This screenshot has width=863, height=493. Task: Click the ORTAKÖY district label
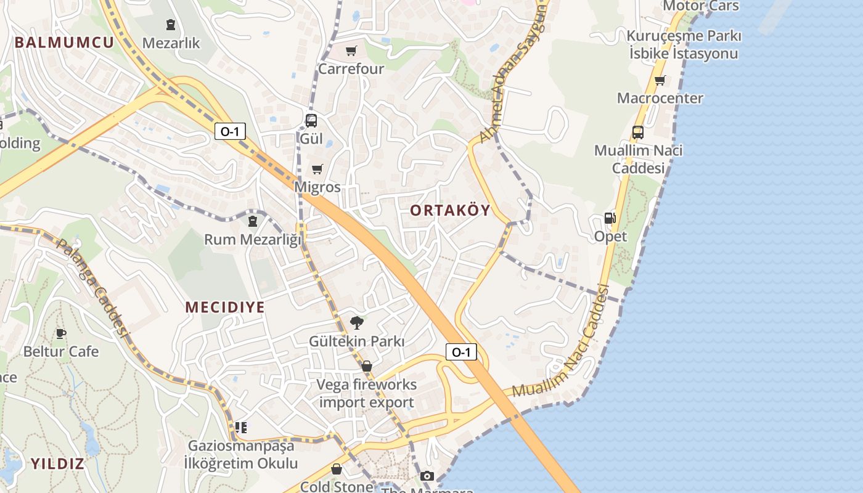(450, 211)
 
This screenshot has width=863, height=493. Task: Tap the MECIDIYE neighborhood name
(225, 308)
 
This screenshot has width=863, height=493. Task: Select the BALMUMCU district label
(64, 43)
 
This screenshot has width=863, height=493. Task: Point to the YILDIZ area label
(57, 464)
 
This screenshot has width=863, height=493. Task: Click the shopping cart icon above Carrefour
(351, 51)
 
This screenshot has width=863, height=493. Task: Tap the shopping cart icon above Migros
(317, 169)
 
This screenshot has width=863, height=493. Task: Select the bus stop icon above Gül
(311, 121)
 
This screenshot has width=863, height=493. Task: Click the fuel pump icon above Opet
(610, 218)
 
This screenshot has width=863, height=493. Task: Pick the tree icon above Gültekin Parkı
(356, 322)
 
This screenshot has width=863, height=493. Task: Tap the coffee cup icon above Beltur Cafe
(60, 333)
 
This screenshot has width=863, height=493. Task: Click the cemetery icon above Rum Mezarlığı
(253, 221)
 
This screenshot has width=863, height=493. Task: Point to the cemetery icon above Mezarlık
(171, 25)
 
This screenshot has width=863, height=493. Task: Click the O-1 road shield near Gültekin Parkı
(461, 352)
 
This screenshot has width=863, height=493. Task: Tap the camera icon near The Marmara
(427, 476)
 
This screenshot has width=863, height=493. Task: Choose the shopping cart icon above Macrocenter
(660, 80)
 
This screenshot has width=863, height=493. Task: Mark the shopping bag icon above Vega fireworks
(367, 367)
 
